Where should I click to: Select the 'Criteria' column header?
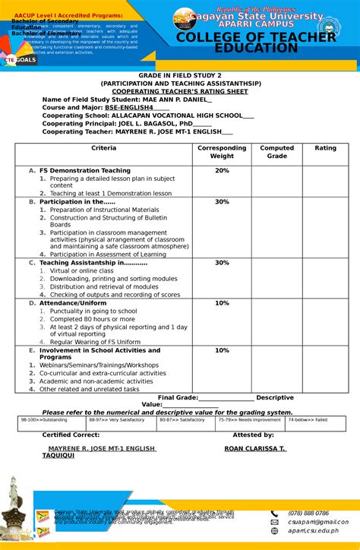(x=103, y=148)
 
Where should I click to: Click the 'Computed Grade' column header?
(x=276, y=152)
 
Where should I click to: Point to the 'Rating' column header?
(x=325, y=148)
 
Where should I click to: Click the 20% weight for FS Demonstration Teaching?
(x=222, y=171)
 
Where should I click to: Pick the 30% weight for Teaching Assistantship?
(x=222, y=263)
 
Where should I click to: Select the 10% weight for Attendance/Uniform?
(x=222, y=303)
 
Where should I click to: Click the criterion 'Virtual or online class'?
(x=81, y=270)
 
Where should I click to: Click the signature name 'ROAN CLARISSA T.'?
(x=255, y=448)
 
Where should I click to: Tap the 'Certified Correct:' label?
(x=71, y=435)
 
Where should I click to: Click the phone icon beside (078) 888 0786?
(x=274, y=513)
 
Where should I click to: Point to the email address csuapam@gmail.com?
(x=317, y=522)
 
